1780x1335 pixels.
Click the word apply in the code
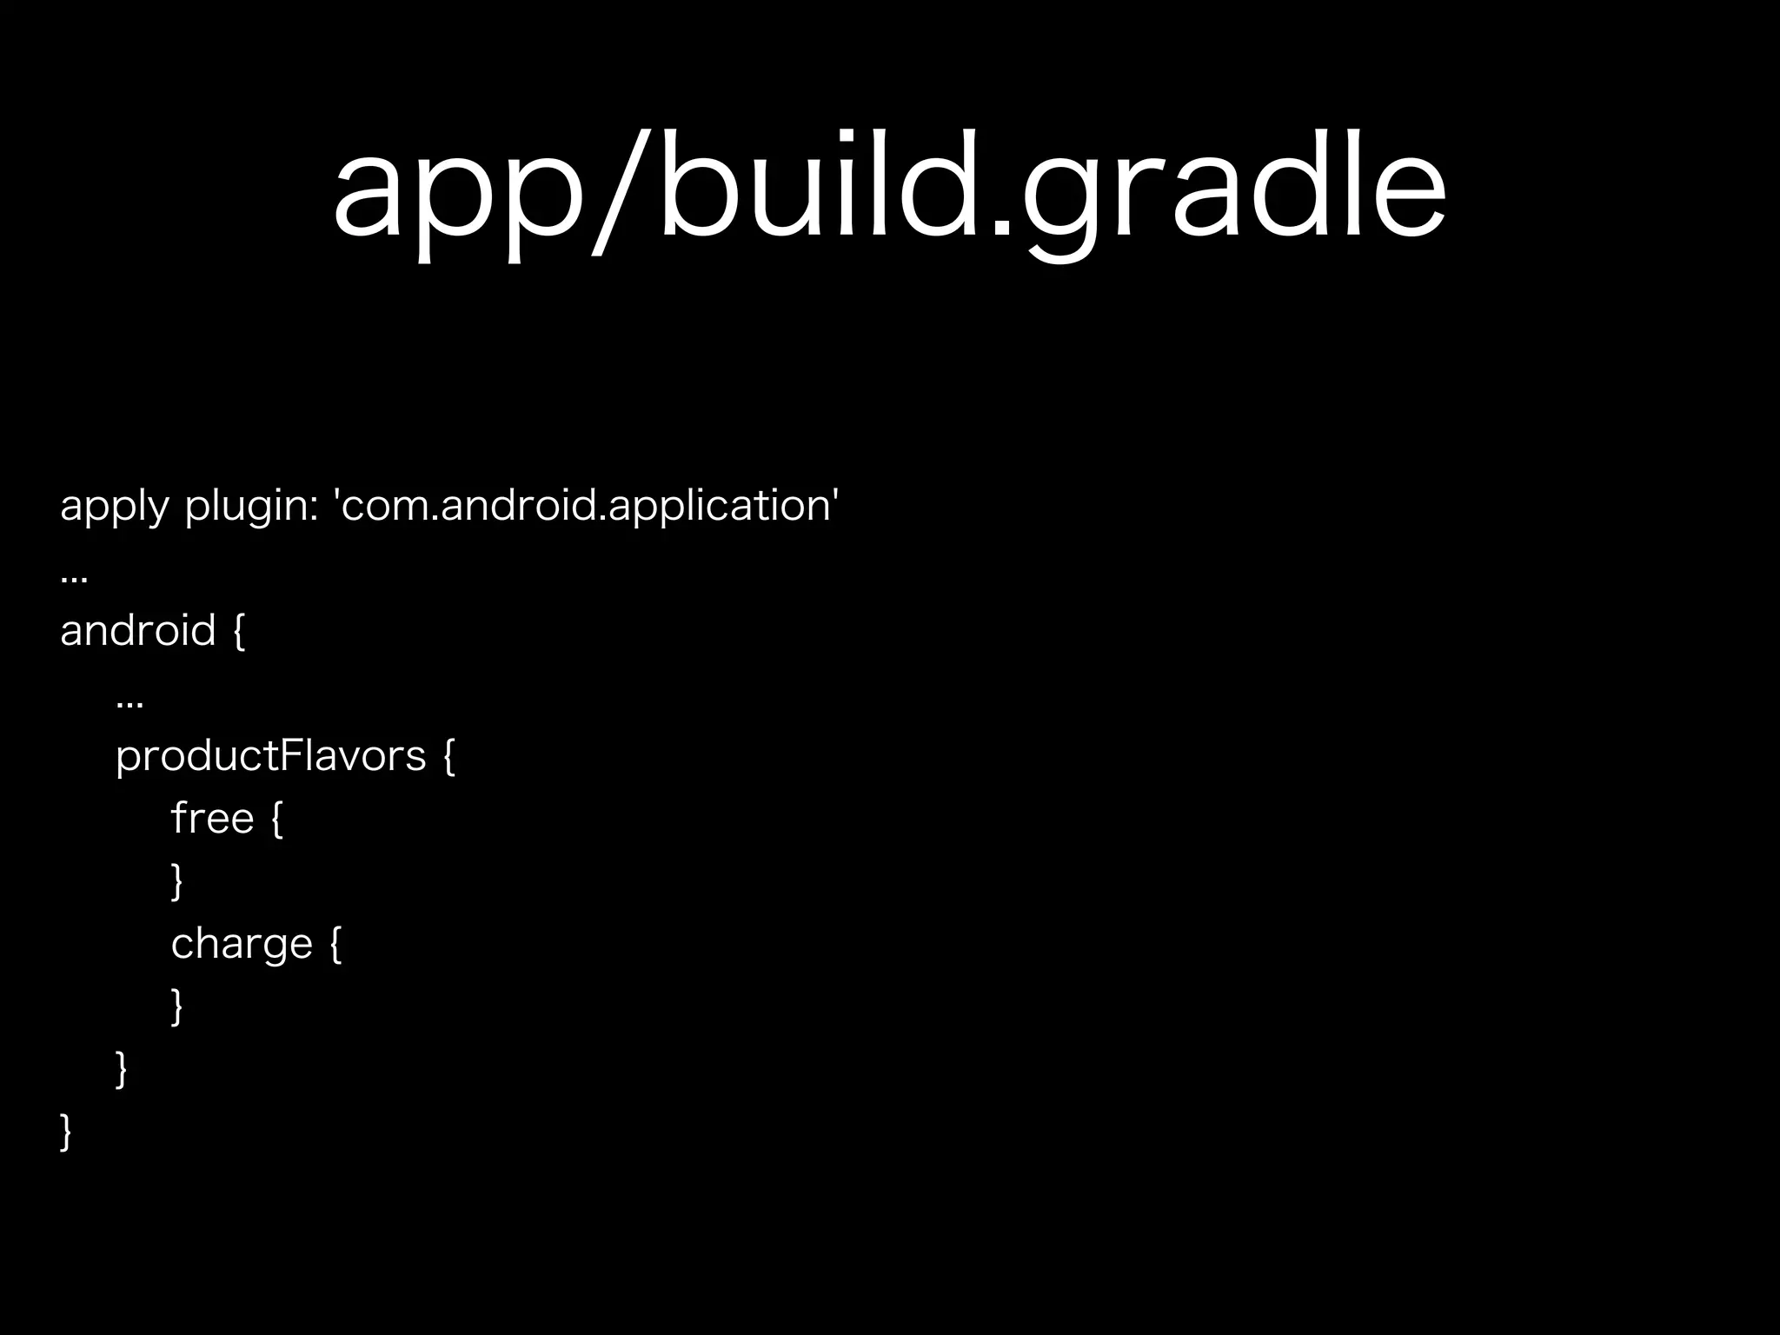[x=114, y=506]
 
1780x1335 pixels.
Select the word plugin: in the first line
[x=251, y=506]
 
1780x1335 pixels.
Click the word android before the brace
[x=137, y=630]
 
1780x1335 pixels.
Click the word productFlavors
[x=271, y=755]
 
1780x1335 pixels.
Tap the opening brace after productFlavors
[x=448, y=756]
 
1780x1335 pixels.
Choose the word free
[x=212, y=819]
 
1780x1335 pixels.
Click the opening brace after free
[x=277, y=820]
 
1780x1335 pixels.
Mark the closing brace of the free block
[x=177, y=881]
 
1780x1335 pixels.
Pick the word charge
[x=242, y=944]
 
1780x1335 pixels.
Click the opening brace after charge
[x=336, y=945]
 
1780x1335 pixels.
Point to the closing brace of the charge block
[x=177, y=1006]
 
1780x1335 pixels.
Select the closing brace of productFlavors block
[x=122, y=1069]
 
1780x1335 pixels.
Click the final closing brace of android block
[x=66, y=1132]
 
